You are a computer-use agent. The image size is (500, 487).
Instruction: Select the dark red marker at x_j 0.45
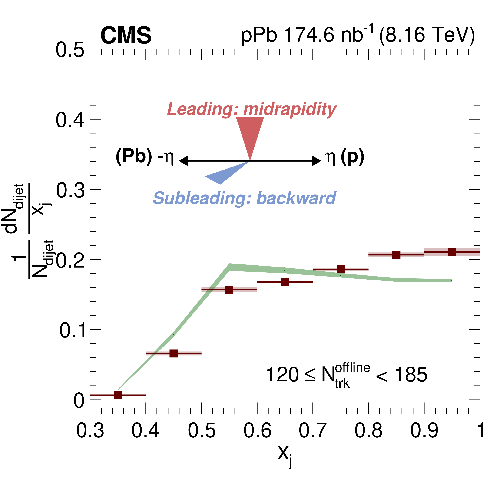click(x=174, y=354)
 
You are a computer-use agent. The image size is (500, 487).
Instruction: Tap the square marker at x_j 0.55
click(x=229, y=290)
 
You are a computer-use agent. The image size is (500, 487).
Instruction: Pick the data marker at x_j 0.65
click(x=285, y=282)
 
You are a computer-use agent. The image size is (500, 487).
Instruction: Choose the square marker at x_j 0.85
click(x=396, y=255)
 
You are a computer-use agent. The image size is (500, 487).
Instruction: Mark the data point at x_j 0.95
click(x=452, y=252)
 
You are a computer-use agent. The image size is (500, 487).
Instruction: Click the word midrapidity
click(x=290, y=109)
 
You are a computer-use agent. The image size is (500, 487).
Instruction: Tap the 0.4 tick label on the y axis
click(x=70, y=120)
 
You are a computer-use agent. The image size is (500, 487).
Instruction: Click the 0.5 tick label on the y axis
click(x=70, y=50)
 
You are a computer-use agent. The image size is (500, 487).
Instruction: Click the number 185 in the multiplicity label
click(x=411, y=375)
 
